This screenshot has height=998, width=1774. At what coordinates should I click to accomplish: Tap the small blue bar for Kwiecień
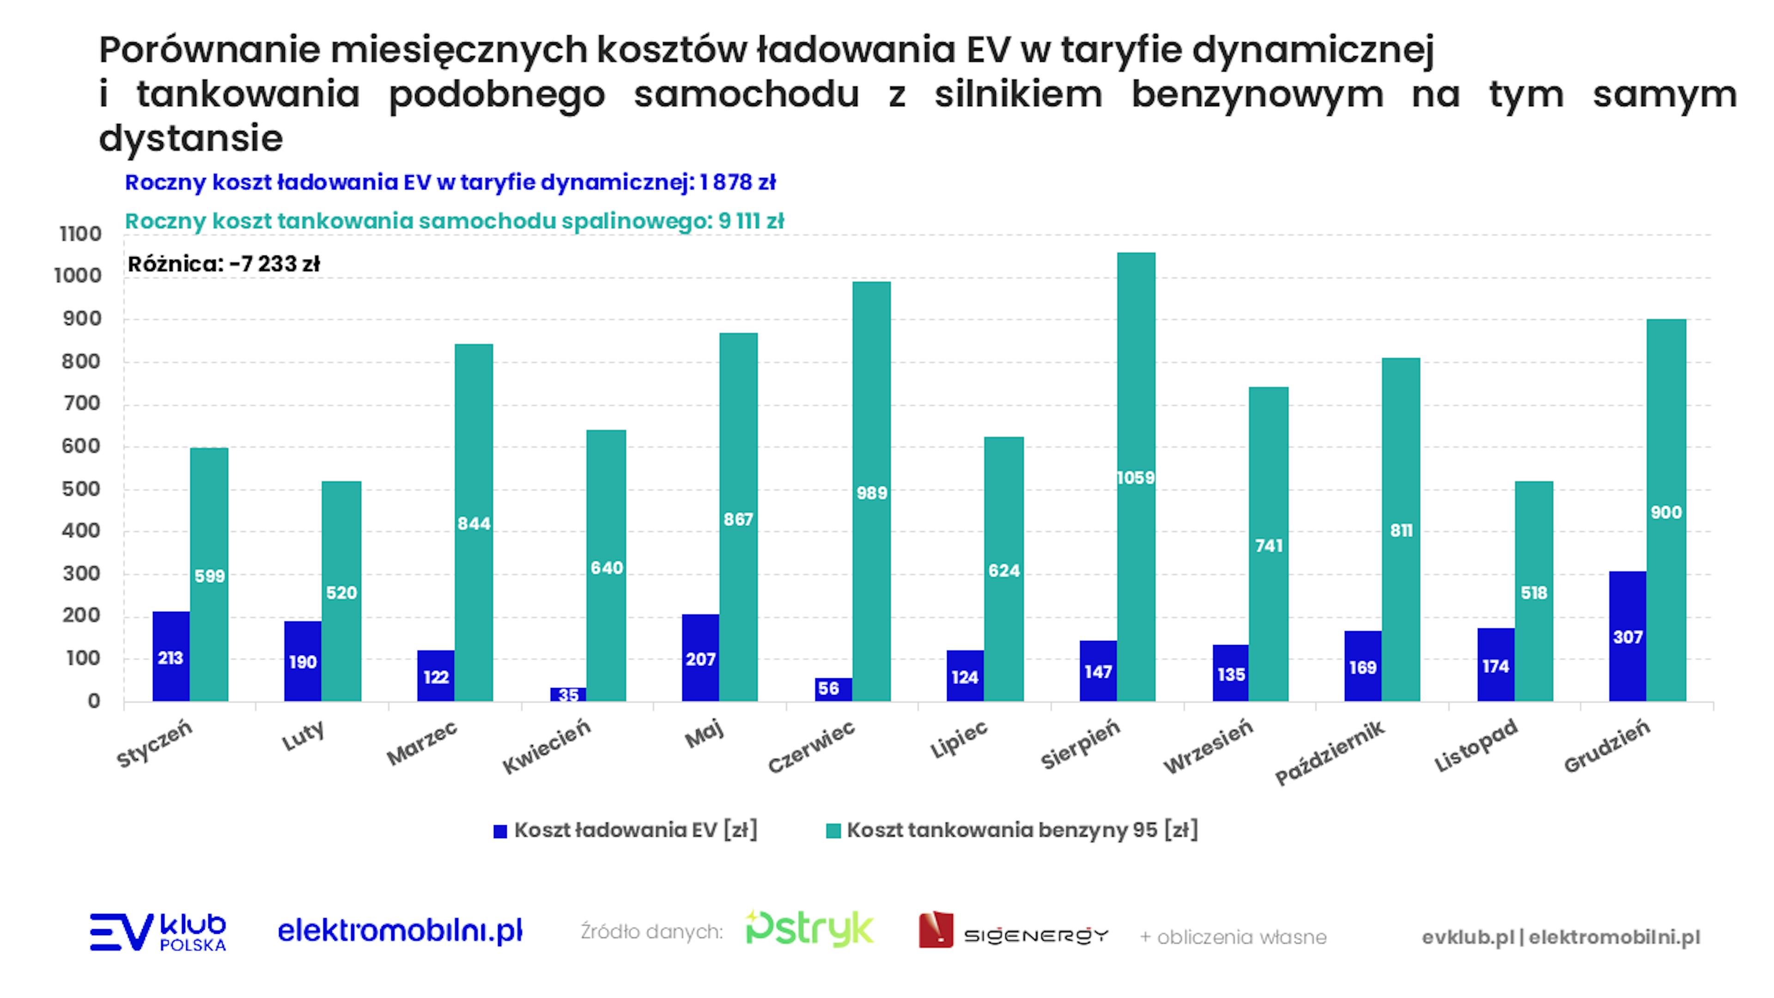click(x=568, y=694)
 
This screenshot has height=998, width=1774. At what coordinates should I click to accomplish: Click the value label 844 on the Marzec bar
click(x=474, y=523)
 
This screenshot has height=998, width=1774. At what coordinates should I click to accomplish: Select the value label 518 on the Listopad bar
click(x=1534, y=592)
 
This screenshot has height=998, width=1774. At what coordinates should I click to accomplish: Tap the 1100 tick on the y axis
click(x=80, y=234)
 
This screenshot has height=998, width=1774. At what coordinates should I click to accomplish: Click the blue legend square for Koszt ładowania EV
click(x=500, y=831)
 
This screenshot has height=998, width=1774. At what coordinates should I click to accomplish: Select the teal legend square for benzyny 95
click(x=833, y=831)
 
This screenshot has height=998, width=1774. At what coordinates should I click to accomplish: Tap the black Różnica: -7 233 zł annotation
click(x=224, y=264)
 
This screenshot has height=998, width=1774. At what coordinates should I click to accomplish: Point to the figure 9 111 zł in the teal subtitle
click(x=751, y=221)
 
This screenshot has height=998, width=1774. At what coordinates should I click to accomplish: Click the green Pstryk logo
click(x=809, y=929)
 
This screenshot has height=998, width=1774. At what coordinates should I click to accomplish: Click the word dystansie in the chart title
click(x=191, y=139)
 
